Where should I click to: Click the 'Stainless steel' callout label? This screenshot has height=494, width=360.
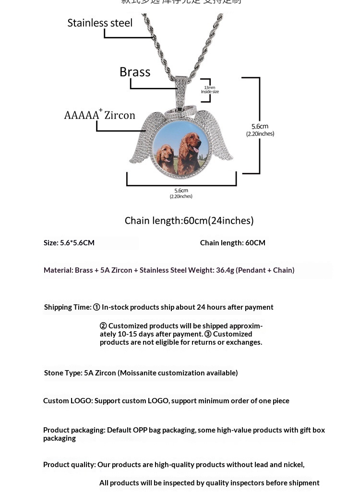(100, 23)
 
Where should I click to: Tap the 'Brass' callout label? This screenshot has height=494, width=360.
(135, 72)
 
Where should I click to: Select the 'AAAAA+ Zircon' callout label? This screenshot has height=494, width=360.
(100, 115)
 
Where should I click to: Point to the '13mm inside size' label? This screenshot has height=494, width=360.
(210, 89)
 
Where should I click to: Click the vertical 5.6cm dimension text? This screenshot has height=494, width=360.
(260, 129)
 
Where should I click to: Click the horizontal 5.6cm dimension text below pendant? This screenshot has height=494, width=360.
(181, 193)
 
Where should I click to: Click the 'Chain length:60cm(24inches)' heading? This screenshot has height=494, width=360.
(189, 220)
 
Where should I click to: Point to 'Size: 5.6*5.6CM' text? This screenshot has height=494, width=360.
(69, 242)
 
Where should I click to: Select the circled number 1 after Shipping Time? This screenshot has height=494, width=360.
(96, 307)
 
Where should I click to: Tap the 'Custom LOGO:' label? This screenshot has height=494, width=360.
(68, 400)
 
